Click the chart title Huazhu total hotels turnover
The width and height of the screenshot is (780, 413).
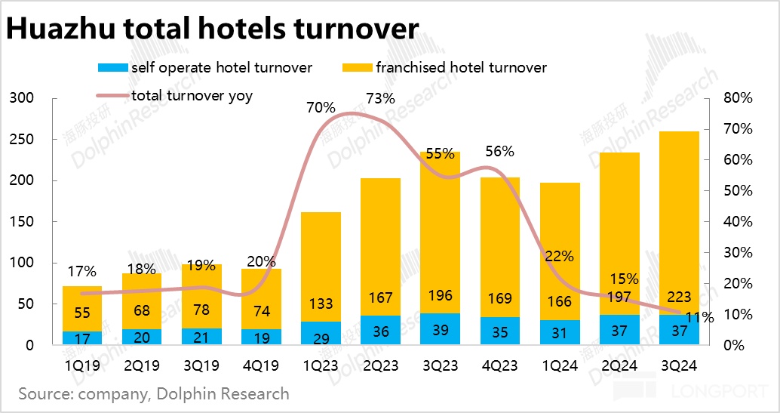tap(212, 29)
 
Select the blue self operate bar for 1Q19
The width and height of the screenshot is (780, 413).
tap(81, 337)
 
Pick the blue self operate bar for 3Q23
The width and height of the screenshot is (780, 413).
tap(440, 329)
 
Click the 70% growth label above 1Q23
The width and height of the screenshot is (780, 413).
tap(321, 107)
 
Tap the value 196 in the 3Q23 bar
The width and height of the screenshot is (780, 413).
tap(440, 298)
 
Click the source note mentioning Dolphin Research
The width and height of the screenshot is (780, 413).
tap(154, 393)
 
